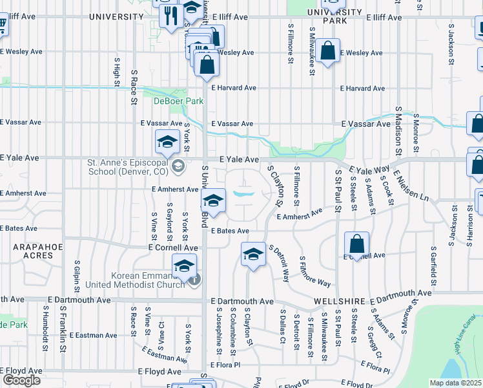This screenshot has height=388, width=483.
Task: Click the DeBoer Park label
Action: tap(178, 101)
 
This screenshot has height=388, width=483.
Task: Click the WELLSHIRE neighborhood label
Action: tap(340, 302)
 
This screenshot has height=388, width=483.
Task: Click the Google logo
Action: tap(21, 380)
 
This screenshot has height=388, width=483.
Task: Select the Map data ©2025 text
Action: tap(456, 383)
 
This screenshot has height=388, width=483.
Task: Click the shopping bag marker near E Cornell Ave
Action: tap(356, 244)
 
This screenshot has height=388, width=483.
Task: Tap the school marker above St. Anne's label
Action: tap(167, 141)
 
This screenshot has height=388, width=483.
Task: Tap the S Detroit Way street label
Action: tap(279, 263)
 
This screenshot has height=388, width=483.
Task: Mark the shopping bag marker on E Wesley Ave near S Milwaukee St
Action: tap(328, 51)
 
